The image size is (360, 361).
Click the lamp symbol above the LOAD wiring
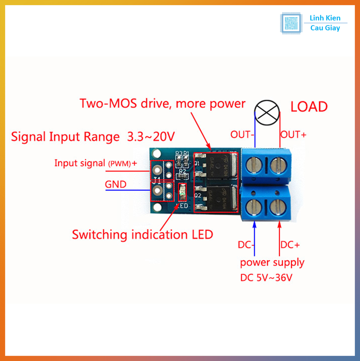(x=267, y=112)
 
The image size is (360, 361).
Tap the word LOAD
(x=309, y=107)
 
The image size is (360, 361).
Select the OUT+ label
(x=293, y=134)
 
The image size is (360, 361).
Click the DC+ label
(x=290, y=245)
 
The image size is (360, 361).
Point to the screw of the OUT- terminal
(x=254, y=165)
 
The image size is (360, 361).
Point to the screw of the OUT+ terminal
(x=278, y=165)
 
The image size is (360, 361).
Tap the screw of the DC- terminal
(x=254, y=207)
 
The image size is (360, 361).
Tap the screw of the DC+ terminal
(x=278, y=207)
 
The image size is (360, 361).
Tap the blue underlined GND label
(x=116, y=184)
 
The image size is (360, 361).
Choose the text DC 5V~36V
(x=266, y=278)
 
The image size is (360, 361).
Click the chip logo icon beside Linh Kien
(x=291, y=23)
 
